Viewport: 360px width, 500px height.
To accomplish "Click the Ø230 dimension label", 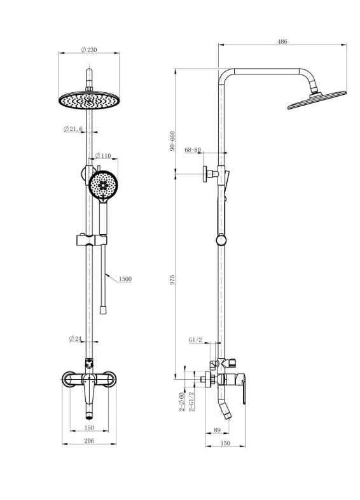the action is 89,50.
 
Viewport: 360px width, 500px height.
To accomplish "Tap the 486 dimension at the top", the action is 282,41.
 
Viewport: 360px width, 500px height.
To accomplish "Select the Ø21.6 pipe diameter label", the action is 73,129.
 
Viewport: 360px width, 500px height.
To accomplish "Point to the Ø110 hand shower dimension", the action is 103,156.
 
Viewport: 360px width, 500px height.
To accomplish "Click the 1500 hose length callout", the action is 125,279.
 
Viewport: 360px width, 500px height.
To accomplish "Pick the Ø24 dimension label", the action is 75,338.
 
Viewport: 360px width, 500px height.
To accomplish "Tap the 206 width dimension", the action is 89,441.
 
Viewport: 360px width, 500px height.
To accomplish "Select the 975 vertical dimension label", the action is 172,280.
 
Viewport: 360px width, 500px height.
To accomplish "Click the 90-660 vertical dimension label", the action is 172,141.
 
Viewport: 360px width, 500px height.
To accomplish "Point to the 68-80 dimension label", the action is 193,150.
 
